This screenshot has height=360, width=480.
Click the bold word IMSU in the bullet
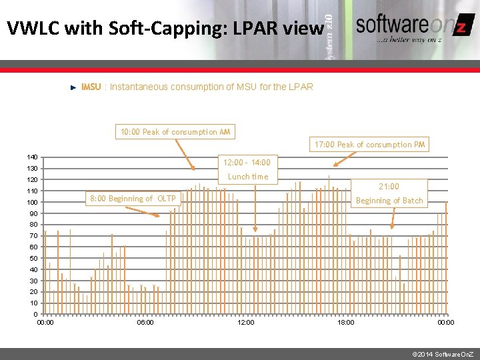[x=91, y=87]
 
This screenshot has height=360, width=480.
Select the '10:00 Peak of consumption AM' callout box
[x=175, y=132]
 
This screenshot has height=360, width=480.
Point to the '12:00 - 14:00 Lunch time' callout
[x=247, y=169]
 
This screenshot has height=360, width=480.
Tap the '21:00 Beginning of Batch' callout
[x=389, y=193]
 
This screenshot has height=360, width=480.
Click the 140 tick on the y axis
[x=32, y=157]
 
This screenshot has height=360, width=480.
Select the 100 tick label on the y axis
[x=32, y=202]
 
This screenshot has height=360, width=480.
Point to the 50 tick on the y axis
[x=33, y=259]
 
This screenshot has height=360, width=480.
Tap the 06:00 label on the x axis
[x=145, y=323]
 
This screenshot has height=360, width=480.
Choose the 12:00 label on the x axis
[x=245, y=323]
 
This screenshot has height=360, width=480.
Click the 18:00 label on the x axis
[x=345, y=323]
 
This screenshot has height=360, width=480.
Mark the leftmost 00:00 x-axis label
[x=45, y=323]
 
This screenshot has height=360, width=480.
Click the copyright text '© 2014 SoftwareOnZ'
[x=443, y=351]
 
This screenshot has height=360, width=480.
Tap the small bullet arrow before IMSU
[x=73, y=87]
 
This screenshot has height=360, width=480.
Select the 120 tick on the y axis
[x=32, y=179]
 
